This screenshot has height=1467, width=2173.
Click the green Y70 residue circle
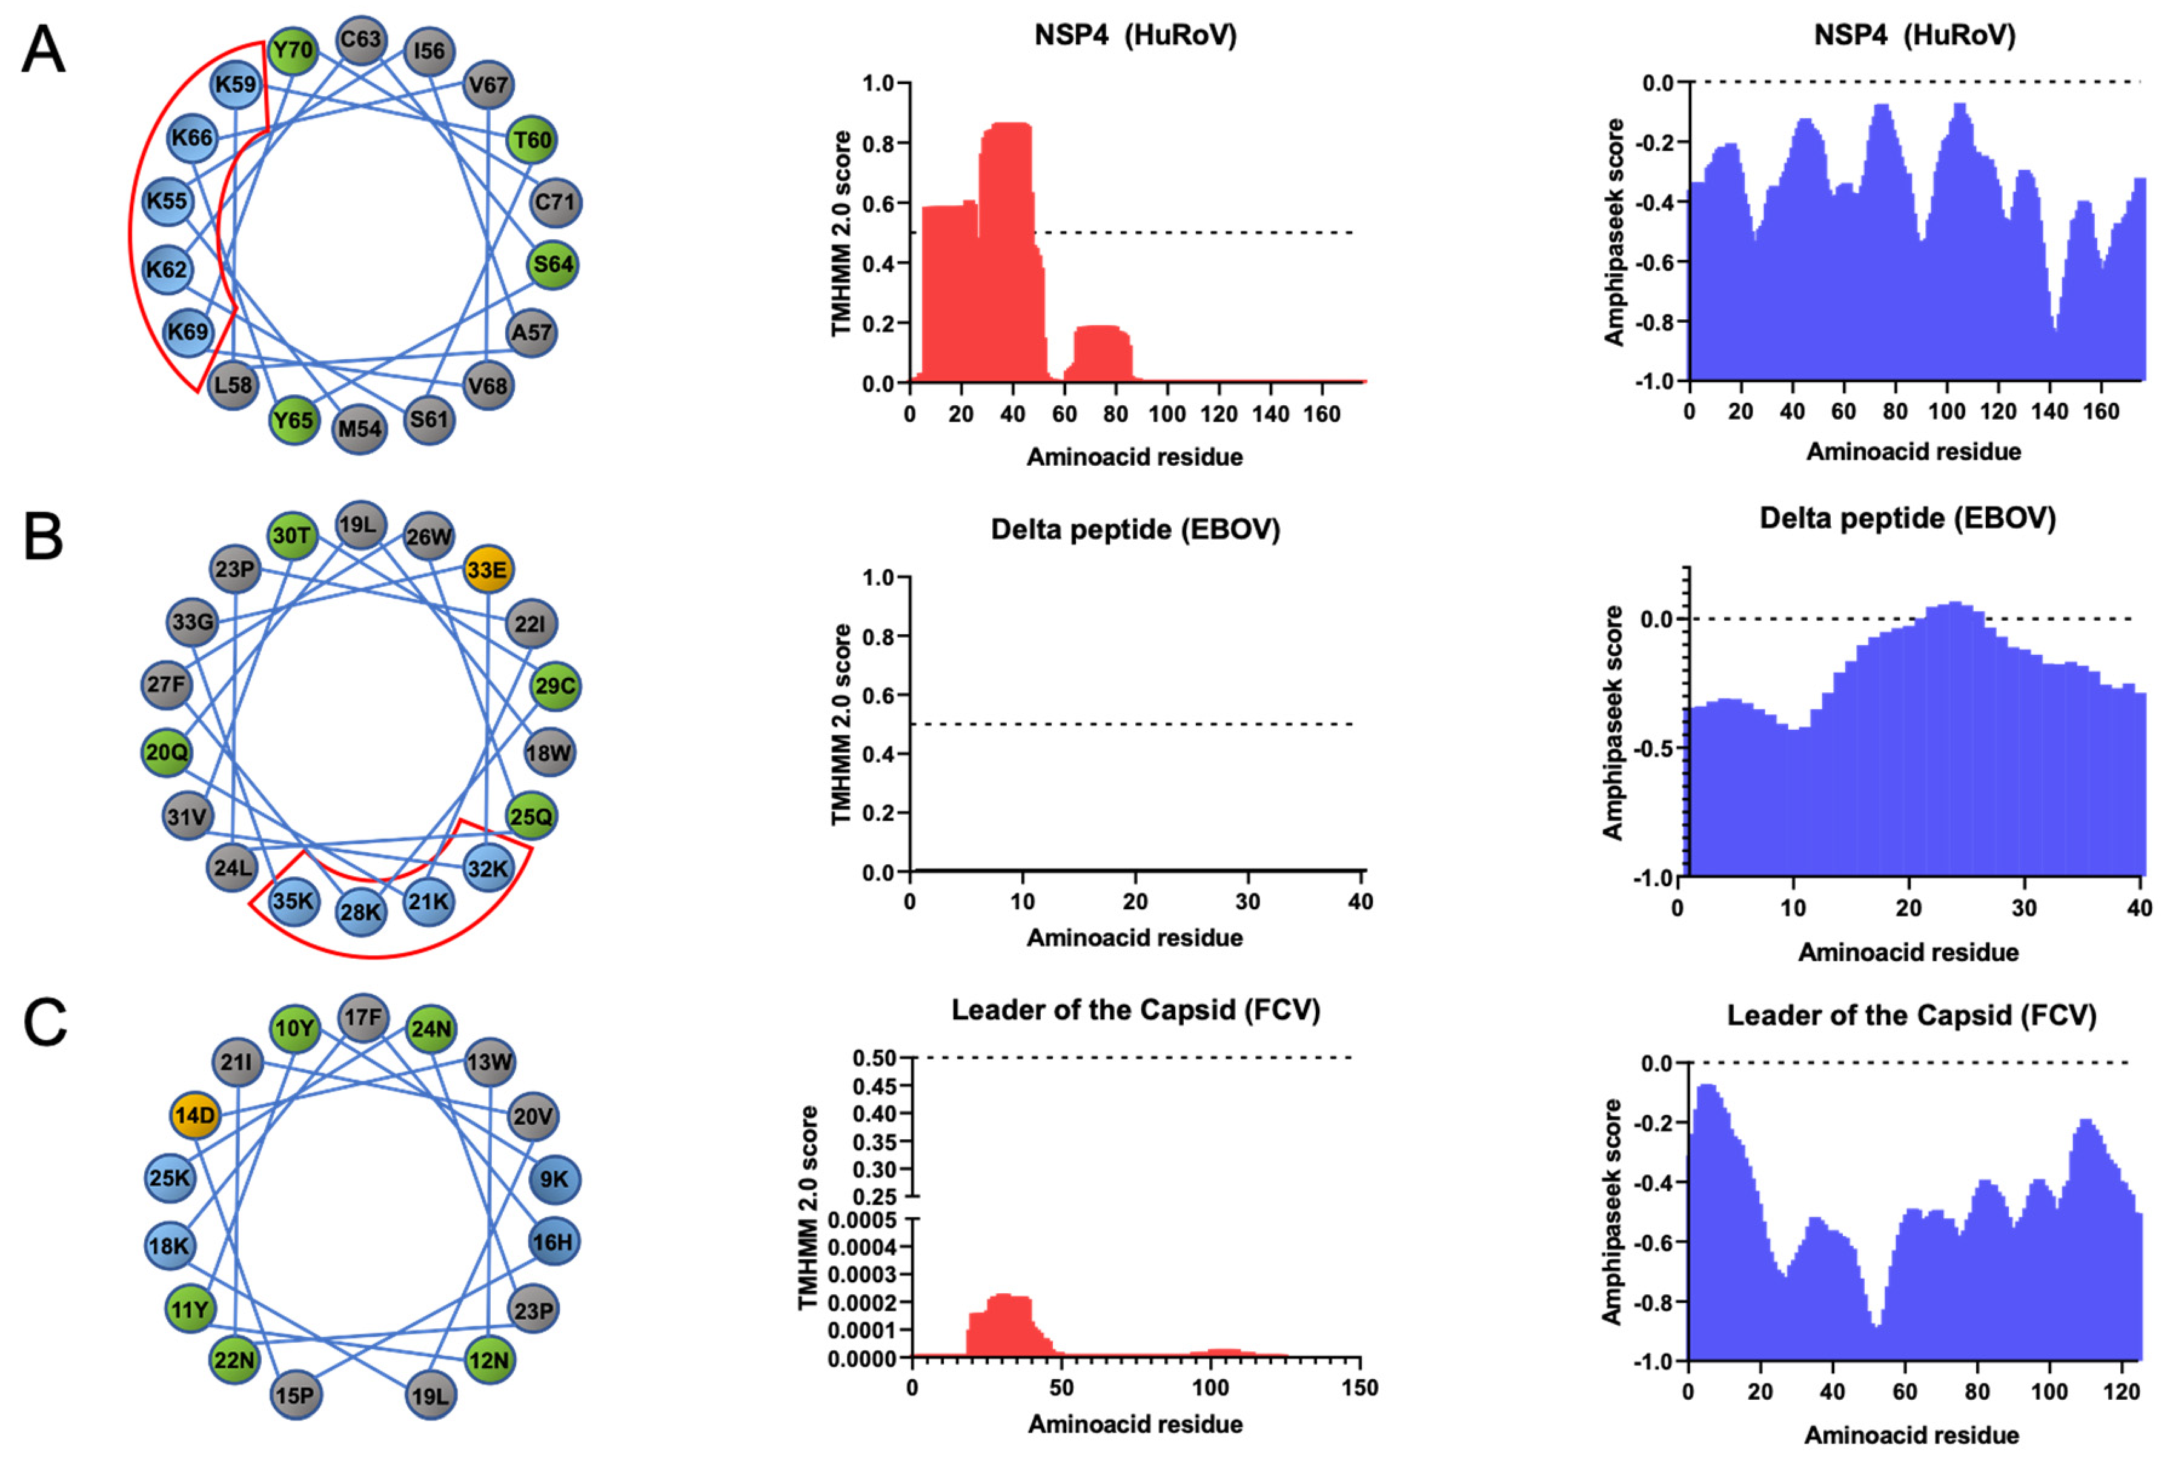tap(293, 50)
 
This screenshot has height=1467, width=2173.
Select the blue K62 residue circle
tap(167, 270)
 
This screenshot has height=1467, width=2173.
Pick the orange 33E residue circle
tap(487, 569)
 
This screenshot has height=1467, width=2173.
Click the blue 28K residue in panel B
tap(360, 911)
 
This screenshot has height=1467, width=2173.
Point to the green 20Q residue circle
tap(167, 752)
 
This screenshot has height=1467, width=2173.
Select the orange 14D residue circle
tap(194, 1116)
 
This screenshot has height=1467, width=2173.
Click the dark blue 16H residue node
tap(554, 1242)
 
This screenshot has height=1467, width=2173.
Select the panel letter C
tap(45, 1022)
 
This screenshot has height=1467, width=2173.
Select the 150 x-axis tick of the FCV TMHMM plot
tap(1359, 1388)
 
